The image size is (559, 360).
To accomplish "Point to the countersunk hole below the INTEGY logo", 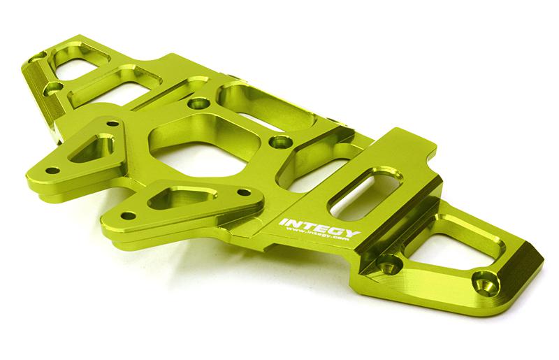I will (386, 264).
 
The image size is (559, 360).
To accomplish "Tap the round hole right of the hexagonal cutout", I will (280, 143).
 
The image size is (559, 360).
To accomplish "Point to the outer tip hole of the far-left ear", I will (52, 170).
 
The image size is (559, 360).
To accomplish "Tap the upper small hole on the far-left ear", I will (110, 125).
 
